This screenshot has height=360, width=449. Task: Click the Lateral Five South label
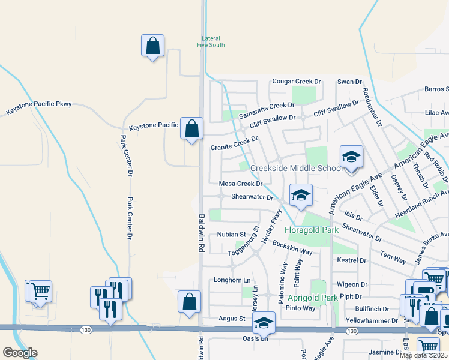coord(213,41)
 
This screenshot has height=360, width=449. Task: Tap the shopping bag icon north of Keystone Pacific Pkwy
coord(153,46)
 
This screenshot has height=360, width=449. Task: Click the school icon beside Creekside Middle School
coord(351,158)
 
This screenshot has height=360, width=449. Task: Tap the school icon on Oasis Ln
coord(263,323)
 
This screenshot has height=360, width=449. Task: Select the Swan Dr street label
coord(349,81)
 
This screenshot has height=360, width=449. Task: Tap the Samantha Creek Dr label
coord(267,110)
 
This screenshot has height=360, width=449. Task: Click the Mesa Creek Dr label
coord(241,184)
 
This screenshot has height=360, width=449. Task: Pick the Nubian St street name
coord(232,234)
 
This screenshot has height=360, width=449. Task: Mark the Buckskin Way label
coord(292,248)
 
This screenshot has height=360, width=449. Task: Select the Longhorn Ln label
coord(232,280)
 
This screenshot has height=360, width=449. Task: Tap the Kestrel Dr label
coord(352,260)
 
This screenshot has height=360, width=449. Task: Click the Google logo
coord(20,353)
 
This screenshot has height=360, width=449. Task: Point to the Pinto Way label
coord(300,308)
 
